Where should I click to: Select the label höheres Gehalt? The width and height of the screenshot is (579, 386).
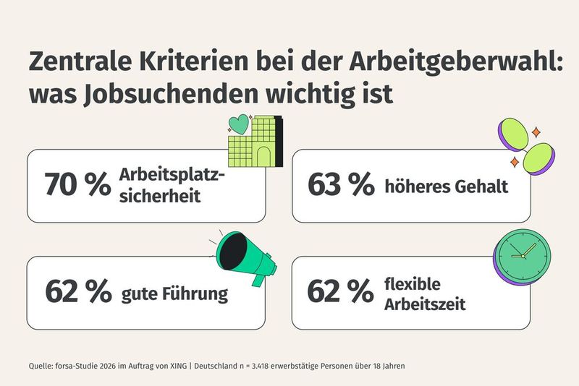click(x=446, y=186)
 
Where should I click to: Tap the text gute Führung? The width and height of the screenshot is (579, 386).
click(x=174, y=294)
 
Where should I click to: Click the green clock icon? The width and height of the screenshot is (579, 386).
click(x=523, y=257)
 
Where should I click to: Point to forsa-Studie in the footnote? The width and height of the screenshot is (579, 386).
click(x=77, y=366)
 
